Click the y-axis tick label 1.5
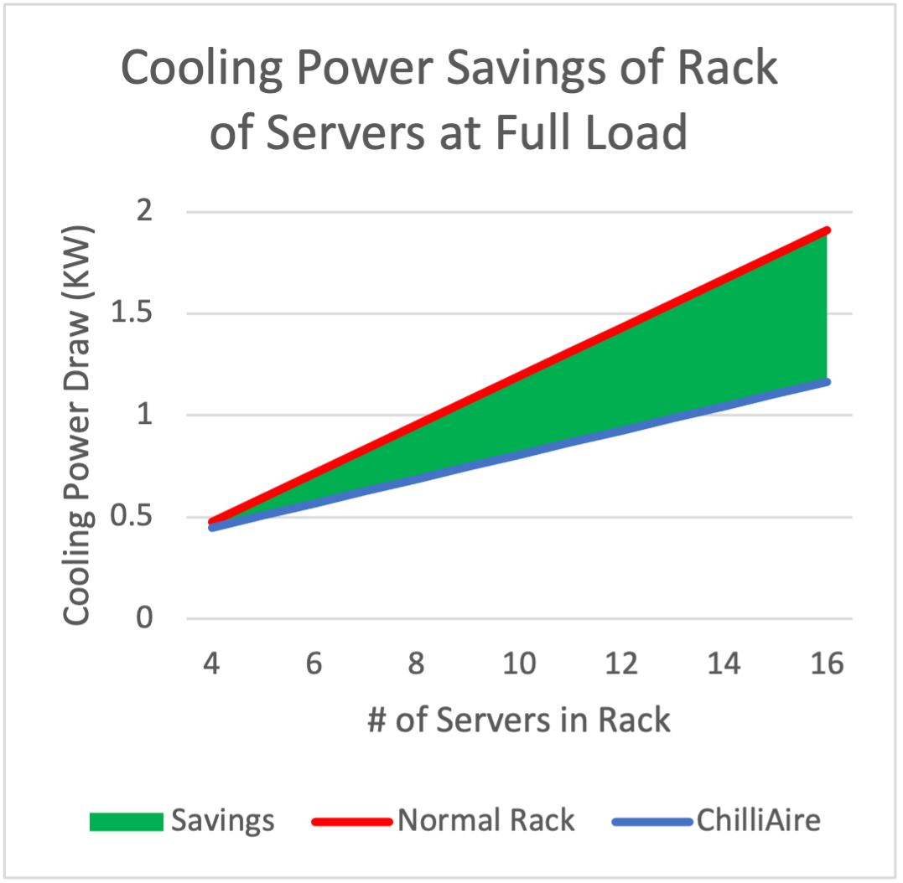point(132,312)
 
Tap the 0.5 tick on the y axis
point(132,516)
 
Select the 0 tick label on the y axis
point(144,617)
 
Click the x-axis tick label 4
point(211,664)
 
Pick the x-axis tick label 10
point(519,664)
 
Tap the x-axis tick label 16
point(827,664)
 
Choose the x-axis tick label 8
point(417,664)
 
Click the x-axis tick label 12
point(621,664)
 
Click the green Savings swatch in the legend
point(127,822)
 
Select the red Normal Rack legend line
point(352,822)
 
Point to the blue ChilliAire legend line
point(652,822)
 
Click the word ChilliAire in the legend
point(759,820)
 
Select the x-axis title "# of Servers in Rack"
point(519,720)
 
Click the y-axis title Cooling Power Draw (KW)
point(77,425)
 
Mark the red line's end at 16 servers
point(827,230)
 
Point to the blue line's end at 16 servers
point(827,382)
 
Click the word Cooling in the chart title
point(201,69)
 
